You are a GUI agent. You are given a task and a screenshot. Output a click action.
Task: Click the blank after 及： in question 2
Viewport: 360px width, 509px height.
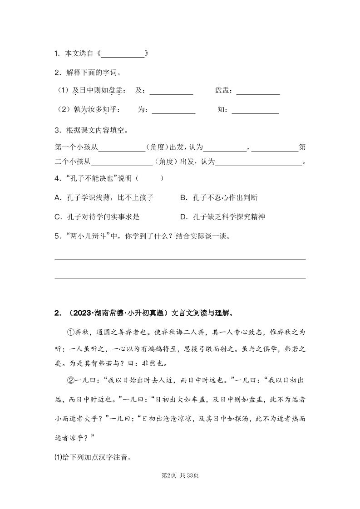coord(171,92)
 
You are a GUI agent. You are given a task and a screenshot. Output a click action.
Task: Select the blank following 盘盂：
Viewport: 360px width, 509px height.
coord(258,92)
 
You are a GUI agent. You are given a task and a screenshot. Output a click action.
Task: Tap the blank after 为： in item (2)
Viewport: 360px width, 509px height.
coord(173,110)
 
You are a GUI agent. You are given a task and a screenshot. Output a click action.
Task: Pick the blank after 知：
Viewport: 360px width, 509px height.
coord(255,110)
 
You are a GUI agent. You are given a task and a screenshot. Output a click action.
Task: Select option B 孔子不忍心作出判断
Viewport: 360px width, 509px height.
coord(219,198)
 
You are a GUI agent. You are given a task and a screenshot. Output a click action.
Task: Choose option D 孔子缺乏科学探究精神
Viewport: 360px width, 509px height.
coord(222,217)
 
